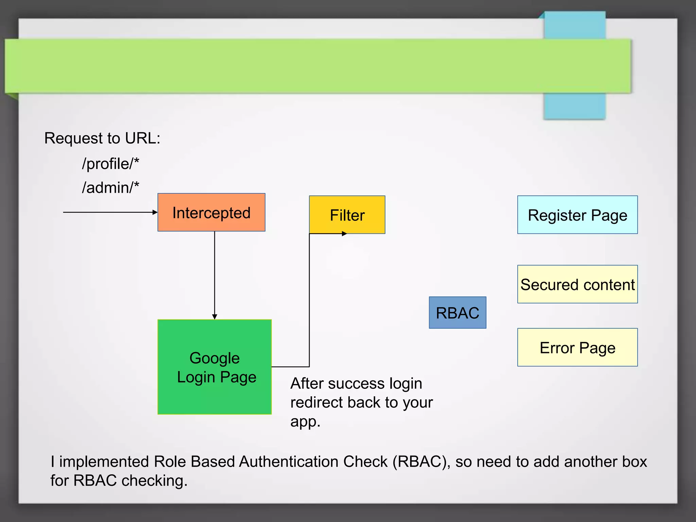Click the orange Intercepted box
pyautogui.click(x=211, y=212)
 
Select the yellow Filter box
pyautogui.click(x=347, y=214)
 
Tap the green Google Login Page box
pyautogui.click(x=214, y=367)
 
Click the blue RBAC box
pyautogui.click(x=457, y=312)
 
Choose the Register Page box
pyautogui.click(x=577, y=214)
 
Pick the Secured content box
pyautogui.click(x=577, y=284)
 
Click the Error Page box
pyautogui.click(x=577, y=347)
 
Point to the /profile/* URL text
pyautogui.click(x=110, y=164)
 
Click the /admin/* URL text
pyautogui.click(x=110, y=188)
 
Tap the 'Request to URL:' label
pyautogui.click(x=102, y=138)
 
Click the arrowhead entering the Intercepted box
pyautogui.click(x=155, y=212)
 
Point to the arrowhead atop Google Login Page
pyautogui.click(x=214, y=317)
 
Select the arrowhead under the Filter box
pyautogui.click(x=344, y=233)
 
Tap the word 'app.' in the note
pyautogui.click(x=305, y=421)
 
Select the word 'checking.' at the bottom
pyautogui.click(x=154, y=481)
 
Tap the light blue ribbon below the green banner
pyautogui.click(x=574, y=106)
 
